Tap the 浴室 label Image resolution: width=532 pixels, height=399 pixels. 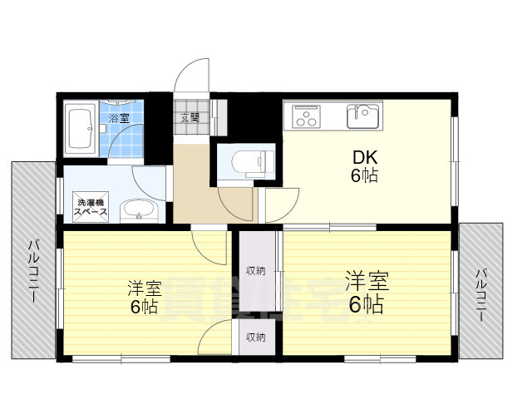119,117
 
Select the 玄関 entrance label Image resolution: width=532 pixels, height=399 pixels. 190,117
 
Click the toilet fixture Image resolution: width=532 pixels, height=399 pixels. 249,160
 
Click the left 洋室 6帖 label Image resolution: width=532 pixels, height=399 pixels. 143,297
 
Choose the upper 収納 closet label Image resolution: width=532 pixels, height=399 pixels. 255,270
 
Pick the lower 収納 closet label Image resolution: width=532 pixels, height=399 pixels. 255,337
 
